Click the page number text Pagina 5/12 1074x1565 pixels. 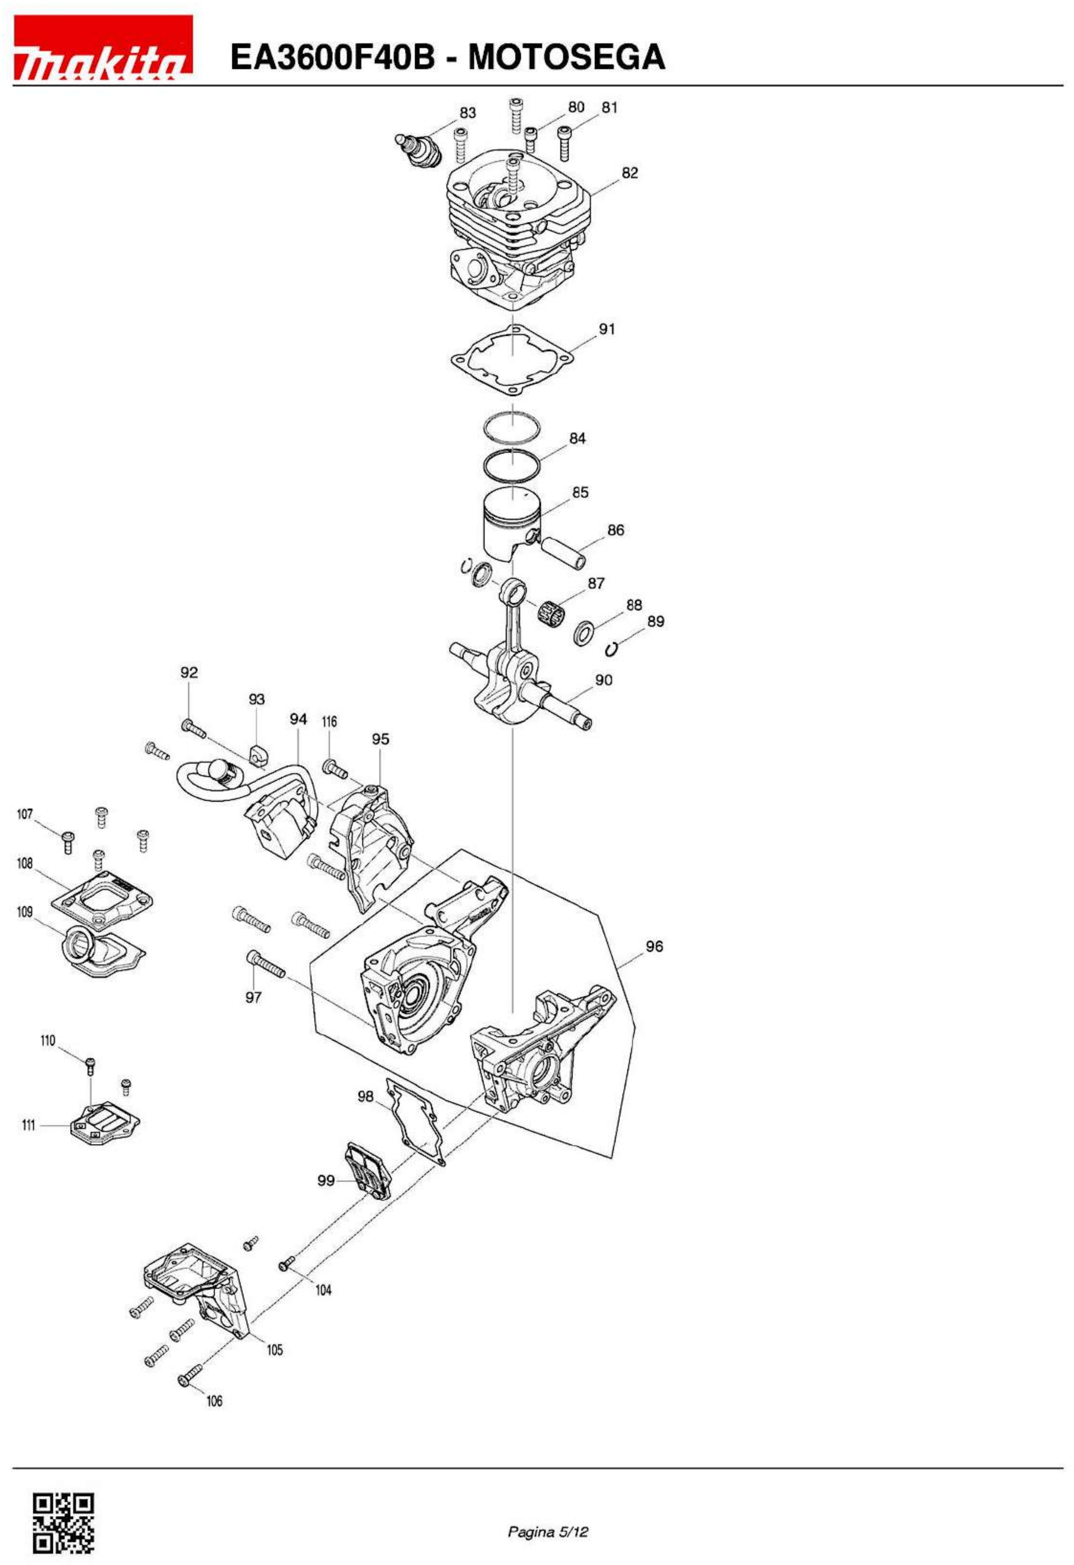point(548,1513)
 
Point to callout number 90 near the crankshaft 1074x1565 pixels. point(604,680)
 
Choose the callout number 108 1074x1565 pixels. point(25,863)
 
